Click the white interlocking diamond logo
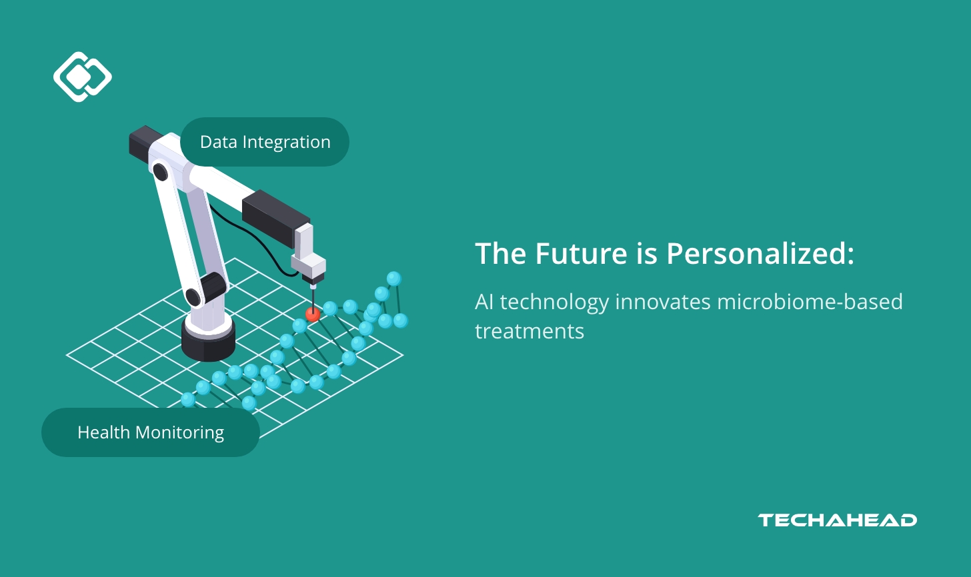tap(82, 77)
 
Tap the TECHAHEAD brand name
tap(837, 520)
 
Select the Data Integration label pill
tap(265, 142)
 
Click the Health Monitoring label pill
tap(150, 432)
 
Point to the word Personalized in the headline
tap(760, 254)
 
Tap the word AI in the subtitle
tap(484, 302)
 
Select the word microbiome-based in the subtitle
tap(810, 302)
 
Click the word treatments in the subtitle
tap(530, 331)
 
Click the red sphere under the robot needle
tap(313, 314)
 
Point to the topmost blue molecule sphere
tap(394, 279)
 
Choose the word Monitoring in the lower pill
tap(179, 432)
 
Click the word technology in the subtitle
tap(554, 302)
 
